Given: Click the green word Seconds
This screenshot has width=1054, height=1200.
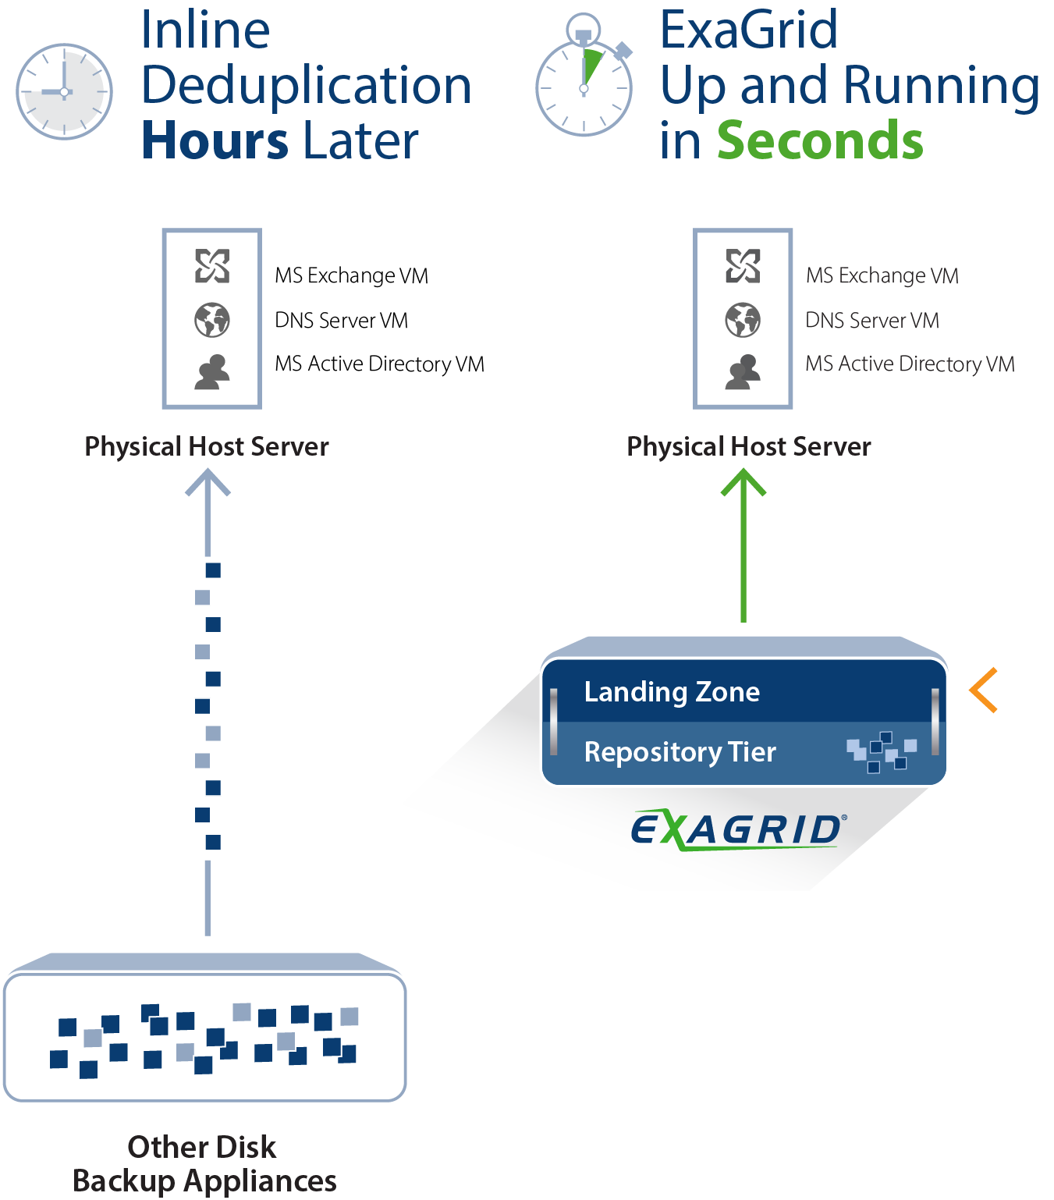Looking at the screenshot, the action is click(819, 141).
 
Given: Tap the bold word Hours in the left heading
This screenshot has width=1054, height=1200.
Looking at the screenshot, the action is click(215, 141).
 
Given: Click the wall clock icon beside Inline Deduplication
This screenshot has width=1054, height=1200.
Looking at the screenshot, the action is click(64, 92).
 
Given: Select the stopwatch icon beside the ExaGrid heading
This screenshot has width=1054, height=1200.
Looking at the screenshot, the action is click(584, 76).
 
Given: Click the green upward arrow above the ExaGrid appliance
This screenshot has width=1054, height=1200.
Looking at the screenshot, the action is click(743, 545).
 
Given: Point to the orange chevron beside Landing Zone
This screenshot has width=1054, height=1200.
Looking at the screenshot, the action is click(984, 690).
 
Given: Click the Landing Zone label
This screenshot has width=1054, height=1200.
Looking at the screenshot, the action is click(672, 691).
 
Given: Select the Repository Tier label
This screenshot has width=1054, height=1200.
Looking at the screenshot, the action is click(680, 752).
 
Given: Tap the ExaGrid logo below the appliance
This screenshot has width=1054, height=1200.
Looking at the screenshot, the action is click(738, 830).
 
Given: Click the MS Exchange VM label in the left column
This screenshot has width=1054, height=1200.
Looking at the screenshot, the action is click(351, 275).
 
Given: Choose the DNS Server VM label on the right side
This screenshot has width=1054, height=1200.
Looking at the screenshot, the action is click(871, 321).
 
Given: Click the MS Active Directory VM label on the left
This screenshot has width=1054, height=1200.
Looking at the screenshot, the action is click(380, 364).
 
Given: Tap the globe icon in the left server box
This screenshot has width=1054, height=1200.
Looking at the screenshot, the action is click(212, 321).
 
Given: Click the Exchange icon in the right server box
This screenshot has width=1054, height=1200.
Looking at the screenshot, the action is click(743, 266).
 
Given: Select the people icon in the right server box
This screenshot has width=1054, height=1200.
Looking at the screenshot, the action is click(743, 372).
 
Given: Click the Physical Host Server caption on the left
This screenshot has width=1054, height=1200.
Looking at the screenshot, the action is click(206, 446).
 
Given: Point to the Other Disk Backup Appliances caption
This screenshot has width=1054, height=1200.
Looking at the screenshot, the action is click(204, 1163).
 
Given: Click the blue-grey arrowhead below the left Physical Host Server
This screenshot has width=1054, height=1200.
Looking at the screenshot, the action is click(208, 482).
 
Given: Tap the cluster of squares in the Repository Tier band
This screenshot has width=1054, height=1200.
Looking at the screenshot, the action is click(881, 752).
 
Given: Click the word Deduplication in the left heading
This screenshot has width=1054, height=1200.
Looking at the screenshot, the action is click(306, 86).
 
